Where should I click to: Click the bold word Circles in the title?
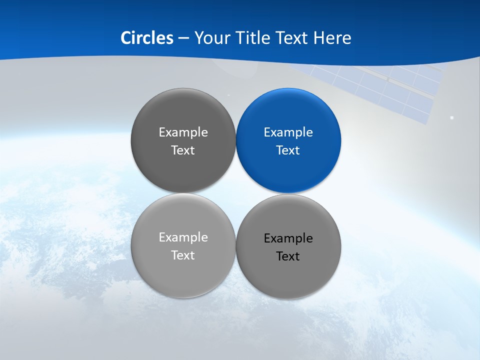point(147,38)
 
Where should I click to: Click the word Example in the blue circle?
point(288,132)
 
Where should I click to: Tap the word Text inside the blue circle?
point(288,150)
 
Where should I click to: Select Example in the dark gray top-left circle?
point(183,132)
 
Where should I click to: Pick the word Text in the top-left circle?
point(183,150)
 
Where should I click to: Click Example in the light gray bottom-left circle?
point(183,237)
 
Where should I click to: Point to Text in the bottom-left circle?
point(183,255)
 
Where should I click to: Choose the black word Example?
point(288,238)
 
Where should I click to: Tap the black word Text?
point(288,256)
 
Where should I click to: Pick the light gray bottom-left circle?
point(183,277)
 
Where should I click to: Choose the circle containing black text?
point(288,280)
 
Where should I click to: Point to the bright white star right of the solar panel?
point(452,118)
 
